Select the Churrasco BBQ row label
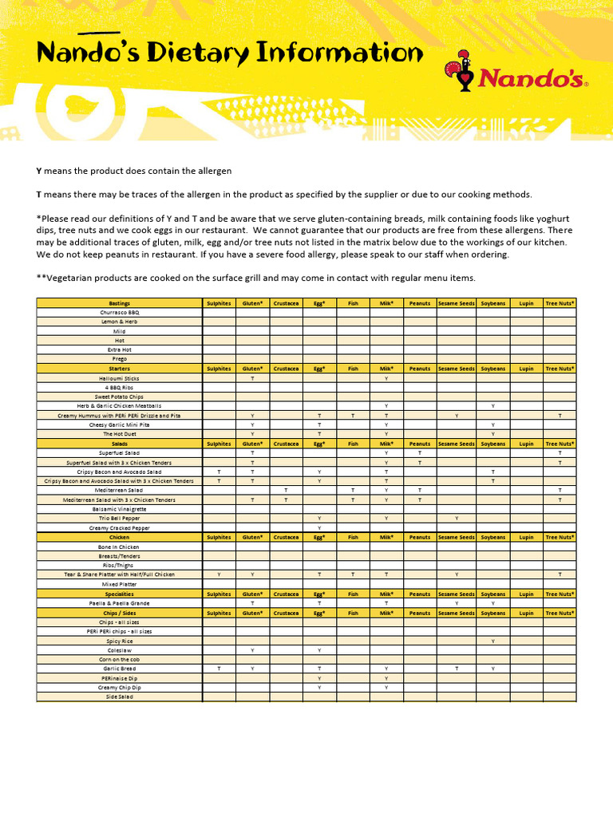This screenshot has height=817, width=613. (x=120, y=313)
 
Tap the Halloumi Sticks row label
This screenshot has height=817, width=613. (x=120, y=378)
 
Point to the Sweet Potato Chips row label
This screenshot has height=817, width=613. (x=120, y=397)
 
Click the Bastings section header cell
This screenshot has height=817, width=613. (x=120, y=303)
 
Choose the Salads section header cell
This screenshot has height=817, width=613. (x=120, y=444)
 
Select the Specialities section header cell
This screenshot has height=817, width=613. (x=120, y=594)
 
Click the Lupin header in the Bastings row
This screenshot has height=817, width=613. (x=526, y=303)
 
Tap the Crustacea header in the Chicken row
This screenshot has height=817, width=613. (x=286, y=538)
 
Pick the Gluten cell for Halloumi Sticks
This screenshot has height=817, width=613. (x=252, y=378)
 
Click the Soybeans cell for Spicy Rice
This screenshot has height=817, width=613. (x=493, y=641)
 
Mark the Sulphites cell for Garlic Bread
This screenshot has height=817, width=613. (x=219, y=669)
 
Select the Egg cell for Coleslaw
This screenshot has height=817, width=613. (x=319, y=650)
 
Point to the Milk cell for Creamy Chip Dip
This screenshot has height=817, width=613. (x=386, y=687)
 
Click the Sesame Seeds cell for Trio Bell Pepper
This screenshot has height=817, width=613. (x=456, y=519)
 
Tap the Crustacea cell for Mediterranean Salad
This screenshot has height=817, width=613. (x=286, y=490)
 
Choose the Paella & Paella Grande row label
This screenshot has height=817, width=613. (x=120, y=604)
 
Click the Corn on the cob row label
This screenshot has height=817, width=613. (x=120, y=660)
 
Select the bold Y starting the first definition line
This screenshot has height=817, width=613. (x=39, y=172)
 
